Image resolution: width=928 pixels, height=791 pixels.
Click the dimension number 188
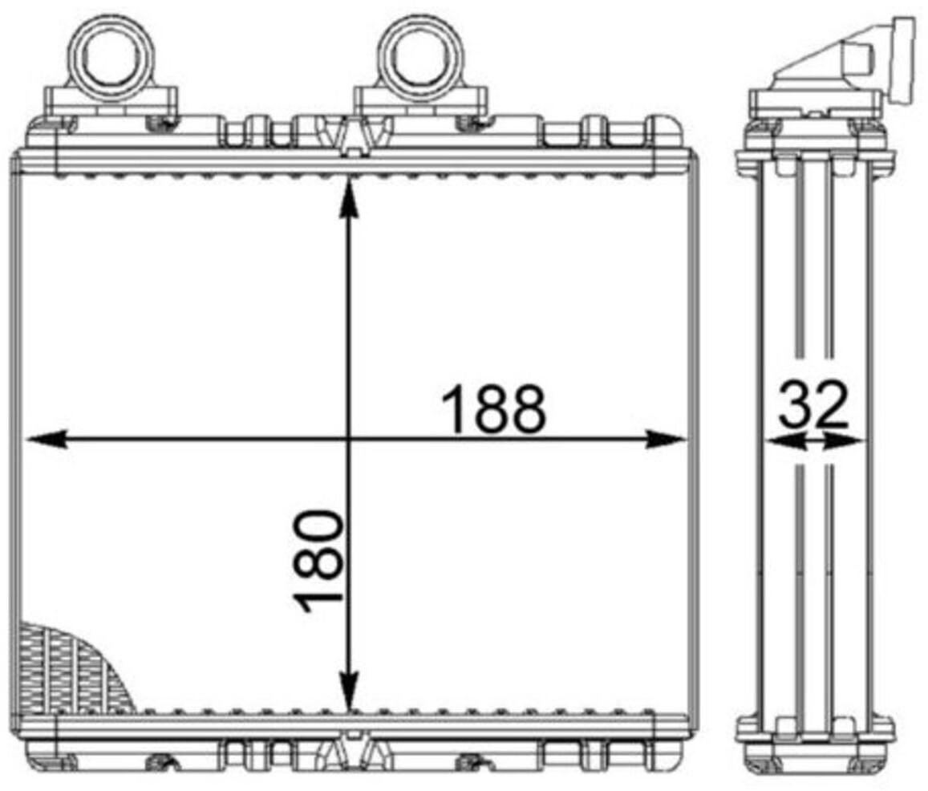pyautogui.click(x=493, y=409)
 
